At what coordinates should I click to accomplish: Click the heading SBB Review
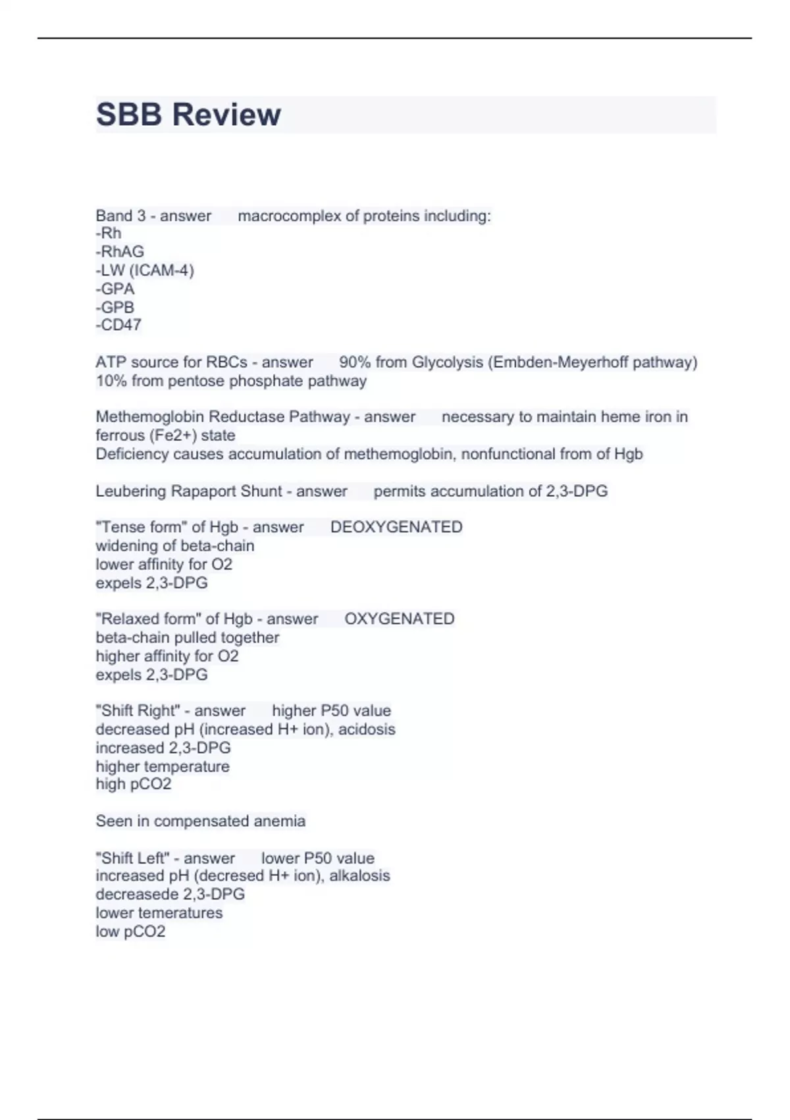click(x=188, y=115)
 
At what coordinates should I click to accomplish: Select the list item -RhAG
click(x=120, y=252)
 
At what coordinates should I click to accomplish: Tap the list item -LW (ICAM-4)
click(x=145, y=270)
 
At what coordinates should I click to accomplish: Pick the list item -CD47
click(x=118, y=325)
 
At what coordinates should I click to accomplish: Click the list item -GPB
click(x=115, y=307)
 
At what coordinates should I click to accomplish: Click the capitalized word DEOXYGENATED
click(x=396, y=527)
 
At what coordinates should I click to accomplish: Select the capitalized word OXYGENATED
click(x=400, y=619)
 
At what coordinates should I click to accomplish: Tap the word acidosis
click(x=367, y=729)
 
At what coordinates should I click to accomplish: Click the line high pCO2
click(x=134, y=784)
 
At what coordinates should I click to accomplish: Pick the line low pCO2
click(x=130, y=932)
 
